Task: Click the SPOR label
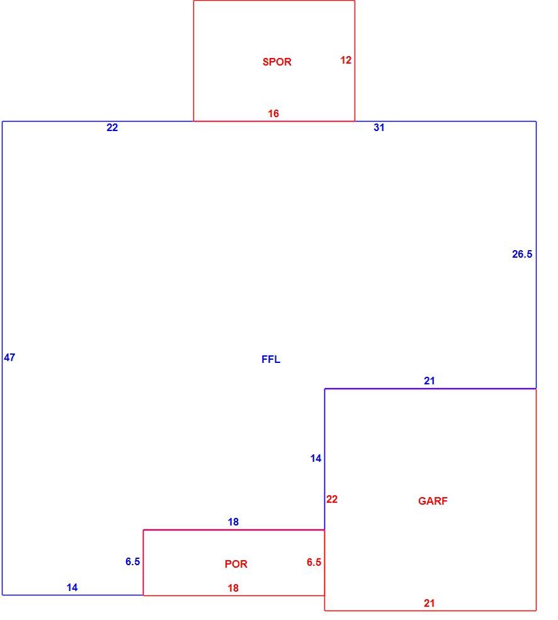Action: (x=276, y=62)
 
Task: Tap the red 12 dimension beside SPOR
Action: (x=346, y=60)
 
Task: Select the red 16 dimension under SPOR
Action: (x=273, y=113)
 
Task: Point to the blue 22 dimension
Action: (x=112, y=127)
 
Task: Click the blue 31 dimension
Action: (x=379, y=127)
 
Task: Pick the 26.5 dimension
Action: (x=522, y=254)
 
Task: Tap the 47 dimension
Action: (x=9, y=357)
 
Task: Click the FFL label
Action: (x=271, y=359)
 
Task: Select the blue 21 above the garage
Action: (x=429, y=381)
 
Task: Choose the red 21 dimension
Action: (x=429, y=603)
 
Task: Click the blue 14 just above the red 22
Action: (x=316, y=458)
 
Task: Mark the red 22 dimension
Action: (x=332, y=499)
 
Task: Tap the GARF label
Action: (x=433, y=501)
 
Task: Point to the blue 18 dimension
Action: (x=233, y=522)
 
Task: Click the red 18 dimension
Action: (x=233, y=588)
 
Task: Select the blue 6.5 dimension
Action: (x=133, y=561)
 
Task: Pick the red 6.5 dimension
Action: (x=314, y=562)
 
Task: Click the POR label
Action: (x=236, y=564)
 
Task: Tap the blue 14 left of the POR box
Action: (x=72, y=587)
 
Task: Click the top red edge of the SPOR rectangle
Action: (x=274, y=1)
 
